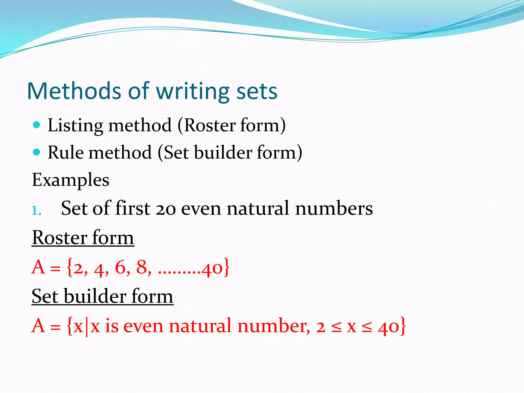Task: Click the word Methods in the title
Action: coord(74,91)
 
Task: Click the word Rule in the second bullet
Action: coord(65,152)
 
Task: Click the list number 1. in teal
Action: coord(36,211)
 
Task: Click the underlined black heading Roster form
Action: coord(83,238)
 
